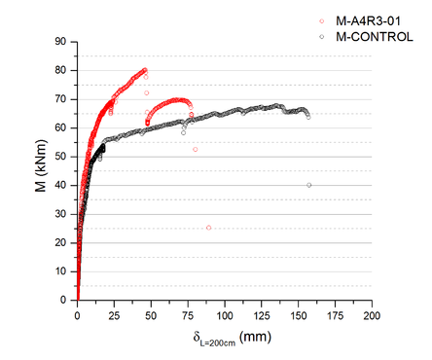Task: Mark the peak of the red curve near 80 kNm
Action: coord(145,70)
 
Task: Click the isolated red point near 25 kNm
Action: coord(208,228)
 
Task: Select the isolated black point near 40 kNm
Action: coord(309,185)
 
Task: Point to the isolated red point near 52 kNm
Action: coord(196,150)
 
